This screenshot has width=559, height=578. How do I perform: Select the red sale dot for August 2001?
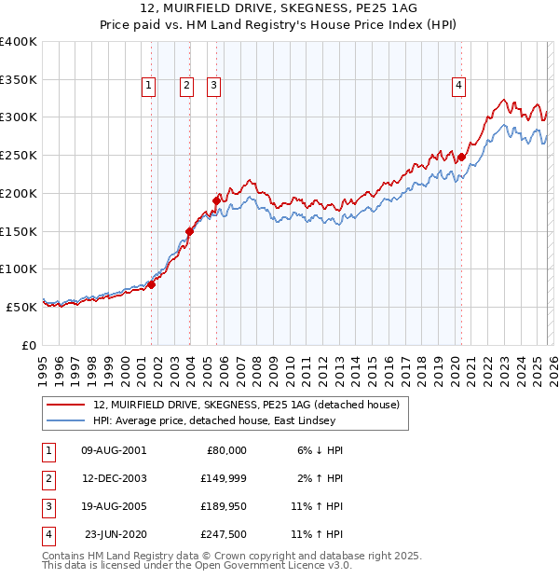(151, 285)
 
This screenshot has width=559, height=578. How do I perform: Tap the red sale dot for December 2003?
(189, 230)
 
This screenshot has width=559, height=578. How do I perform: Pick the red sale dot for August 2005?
(217, 200)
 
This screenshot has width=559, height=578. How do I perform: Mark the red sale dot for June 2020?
(461, 158)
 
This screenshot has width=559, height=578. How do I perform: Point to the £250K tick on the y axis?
(19, 155)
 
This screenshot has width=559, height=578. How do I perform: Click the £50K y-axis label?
(21, 307)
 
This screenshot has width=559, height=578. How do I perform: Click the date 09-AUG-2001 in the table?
(114, 450)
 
